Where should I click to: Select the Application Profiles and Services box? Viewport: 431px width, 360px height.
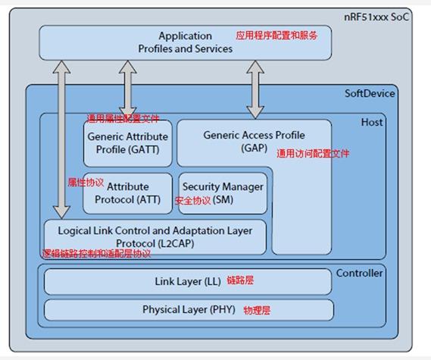[185, 42]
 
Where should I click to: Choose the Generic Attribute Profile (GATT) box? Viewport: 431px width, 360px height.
[128, 144]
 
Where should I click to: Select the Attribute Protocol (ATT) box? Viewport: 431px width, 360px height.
[128, 193]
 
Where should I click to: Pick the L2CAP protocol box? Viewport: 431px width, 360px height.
[155, 236]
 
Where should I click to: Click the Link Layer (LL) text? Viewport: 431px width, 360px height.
[188, 281]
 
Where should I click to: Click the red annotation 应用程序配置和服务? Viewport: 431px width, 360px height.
[276, 35]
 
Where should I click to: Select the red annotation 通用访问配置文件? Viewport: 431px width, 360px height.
[313, 153]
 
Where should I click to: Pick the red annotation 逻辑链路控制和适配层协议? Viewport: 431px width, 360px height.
[96, 254]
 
